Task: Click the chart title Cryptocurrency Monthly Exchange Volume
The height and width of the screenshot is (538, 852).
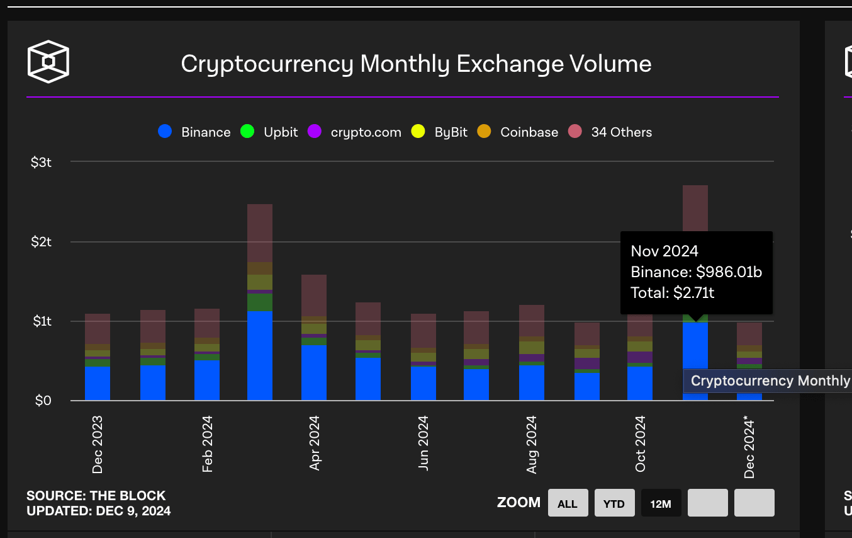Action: coord(416,64)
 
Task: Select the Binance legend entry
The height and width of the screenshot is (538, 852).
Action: coord(205,132)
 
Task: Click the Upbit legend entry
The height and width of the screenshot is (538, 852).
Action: coord(280,132)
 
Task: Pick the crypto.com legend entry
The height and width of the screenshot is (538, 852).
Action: coord(365,132)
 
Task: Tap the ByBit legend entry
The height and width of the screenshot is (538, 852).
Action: coord(451,132)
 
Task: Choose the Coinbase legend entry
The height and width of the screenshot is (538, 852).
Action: coord(529,132)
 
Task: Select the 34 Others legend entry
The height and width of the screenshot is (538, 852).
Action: coord(621,132)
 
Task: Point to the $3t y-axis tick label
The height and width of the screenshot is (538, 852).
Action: coord(41,162)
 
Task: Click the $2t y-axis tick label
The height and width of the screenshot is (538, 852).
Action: coord(41,241)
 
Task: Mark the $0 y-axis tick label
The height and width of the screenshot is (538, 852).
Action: coord(43,400)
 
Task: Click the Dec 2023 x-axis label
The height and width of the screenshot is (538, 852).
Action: coord(98,444)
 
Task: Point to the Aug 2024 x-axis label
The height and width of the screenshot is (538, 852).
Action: coord(532,444)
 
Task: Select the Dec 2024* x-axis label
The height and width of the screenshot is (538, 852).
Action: coord(749,447)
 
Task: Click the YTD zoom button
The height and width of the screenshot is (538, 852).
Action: coord(614,503)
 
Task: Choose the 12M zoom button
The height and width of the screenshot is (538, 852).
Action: coord(661,503)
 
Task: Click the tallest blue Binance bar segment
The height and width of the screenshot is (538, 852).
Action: coord(260,355)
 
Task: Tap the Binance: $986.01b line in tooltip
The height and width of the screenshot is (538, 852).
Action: coord(696,272)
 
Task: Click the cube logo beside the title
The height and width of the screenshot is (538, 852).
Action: coord(48,62)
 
